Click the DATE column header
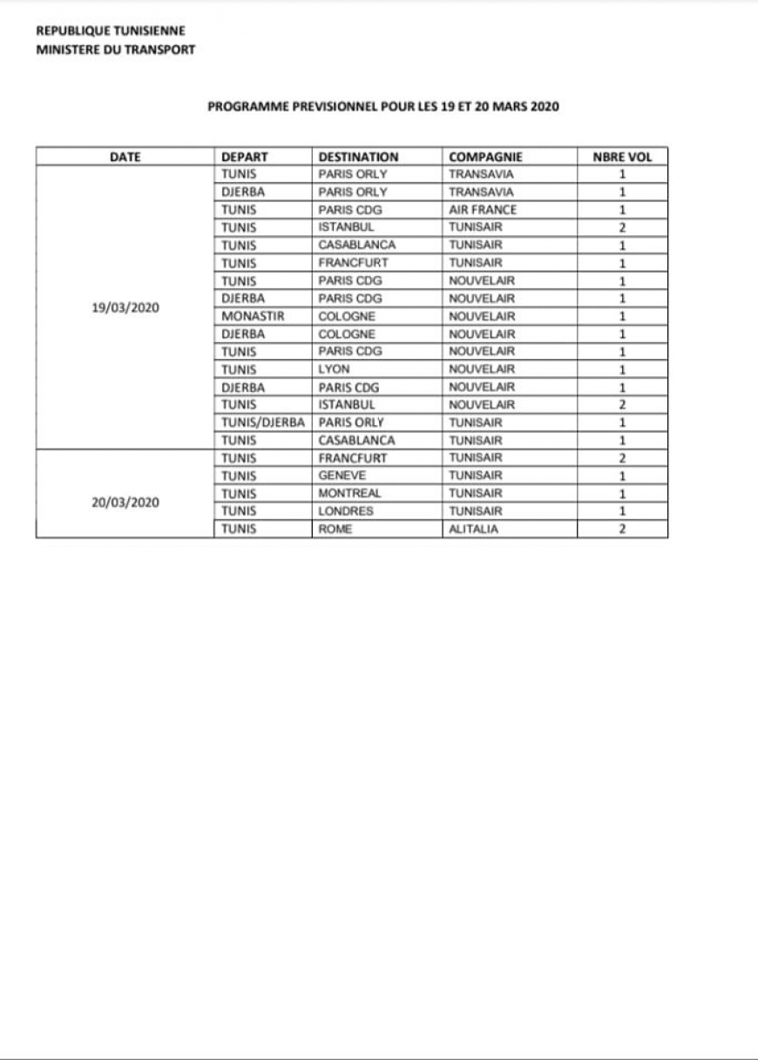coord(125,158)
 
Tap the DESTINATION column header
coord(358,158)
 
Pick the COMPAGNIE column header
coord(485,158)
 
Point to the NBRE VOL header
coord(622,158)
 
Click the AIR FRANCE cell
coord(482,210)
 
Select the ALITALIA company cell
coord(473,529)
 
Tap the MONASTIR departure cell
coord(253,316)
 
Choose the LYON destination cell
coord(335,369)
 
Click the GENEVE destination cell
coord(342,476)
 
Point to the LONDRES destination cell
coord(346,511)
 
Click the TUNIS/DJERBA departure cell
coord(262,422)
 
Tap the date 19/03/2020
coord(125,307)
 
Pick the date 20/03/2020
coord(125,503)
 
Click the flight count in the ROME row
coord(622,529)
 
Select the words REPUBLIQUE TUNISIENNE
coord(110,31)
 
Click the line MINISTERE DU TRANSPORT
coord(115,50)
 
